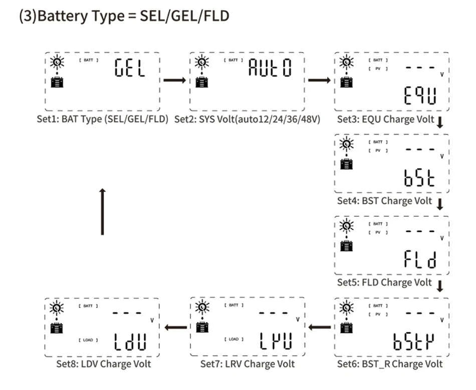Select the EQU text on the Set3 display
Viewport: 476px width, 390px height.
click(419, 95)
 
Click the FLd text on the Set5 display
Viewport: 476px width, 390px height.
click(420, 259)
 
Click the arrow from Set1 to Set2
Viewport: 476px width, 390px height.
click(174, 80)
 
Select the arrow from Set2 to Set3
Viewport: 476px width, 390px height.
click(319, 80)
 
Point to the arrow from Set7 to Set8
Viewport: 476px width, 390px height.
click(175, 328)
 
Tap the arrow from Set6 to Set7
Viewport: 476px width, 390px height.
click(320, 328)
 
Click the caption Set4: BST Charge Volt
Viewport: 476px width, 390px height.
click(384, 201)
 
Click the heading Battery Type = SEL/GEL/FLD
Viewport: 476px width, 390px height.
click(124, 16)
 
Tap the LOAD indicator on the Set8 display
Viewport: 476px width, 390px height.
click(88, 340)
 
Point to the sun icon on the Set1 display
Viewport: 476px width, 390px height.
click(58, 62)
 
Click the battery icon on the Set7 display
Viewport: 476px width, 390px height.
click(202, 328)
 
